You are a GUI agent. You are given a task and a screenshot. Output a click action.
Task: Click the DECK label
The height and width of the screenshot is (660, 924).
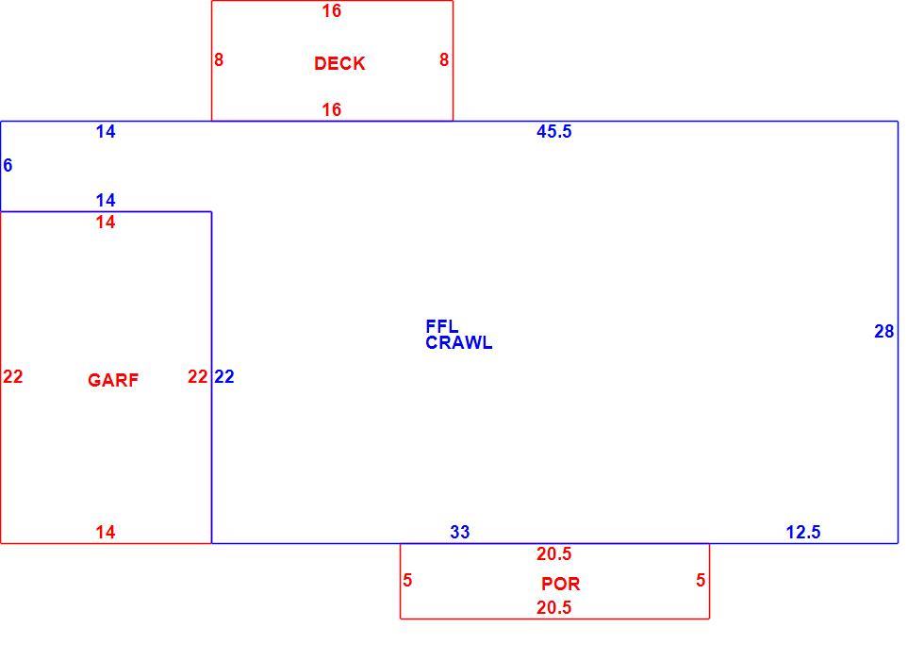coord(339,64)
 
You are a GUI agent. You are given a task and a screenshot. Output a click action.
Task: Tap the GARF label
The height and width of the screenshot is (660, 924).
coord(113,380)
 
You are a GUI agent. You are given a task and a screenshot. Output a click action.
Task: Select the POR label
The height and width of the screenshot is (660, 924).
coord(561,584)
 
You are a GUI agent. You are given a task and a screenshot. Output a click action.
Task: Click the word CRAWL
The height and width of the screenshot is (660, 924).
coord(459,343)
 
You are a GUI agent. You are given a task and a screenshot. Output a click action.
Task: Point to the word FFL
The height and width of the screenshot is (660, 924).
coord(442,326)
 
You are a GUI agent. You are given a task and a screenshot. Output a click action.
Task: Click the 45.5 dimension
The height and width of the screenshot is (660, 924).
coord(554,131)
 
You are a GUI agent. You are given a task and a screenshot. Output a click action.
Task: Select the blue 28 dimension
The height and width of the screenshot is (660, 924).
coord(884,332)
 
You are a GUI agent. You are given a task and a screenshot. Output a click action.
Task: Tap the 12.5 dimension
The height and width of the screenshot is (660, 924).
coord(803,532)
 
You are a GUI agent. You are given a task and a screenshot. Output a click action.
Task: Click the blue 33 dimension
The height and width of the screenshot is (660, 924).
coord(460,532)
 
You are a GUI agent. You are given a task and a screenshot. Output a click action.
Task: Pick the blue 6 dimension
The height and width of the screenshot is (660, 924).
coord(8,166)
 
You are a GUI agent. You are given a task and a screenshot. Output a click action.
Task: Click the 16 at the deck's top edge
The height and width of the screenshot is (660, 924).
coord(332,10)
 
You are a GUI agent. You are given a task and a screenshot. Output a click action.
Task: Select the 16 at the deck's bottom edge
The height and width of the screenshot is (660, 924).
coord(332,109)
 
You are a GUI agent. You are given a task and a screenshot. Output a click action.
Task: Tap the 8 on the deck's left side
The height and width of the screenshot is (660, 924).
coord(219,59)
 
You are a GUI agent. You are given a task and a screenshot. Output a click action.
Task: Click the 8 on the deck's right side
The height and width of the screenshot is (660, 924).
coord(444,59)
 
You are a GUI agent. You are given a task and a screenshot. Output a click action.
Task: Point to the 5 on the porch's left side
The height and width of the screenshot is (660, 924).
coord(407,581)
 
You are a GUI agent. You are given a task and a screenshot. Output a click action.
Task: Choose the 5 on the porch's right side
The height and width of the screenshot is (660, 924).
coord(701,581)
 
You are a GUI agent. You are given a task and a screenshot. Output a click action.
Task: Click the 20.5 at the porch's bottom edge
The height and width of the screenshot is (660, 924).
coord(554,607)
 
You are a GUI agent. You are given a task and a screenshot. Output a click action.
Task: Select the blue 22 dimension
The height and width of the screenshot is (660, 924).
coord(224,376)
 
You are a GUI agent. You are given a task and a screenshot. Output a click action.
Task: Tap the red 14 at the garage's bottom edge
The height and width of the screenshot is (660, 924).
coord(106,532)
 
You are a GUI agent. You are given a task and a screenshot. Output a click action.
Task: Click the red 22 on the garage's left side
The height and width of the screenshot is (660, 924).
coord(13,376)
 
